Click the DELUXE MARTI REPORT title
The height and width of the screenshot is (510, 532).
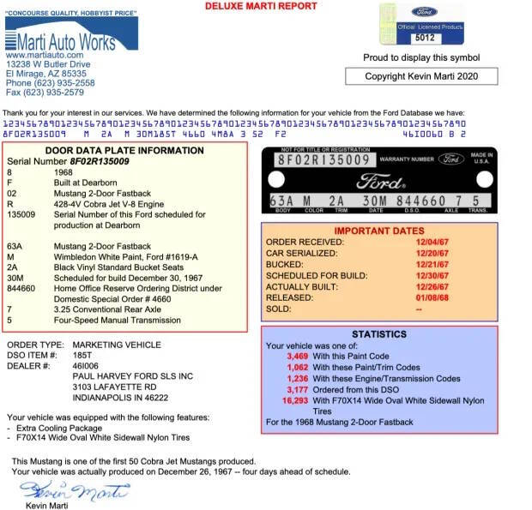261,6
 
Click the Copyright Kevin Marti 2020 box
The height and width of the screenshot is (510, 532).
421,76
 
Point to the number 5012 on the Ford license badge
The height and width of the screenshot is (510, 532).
424,38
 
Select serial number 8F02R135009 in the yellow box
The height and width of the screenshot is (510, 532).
100,161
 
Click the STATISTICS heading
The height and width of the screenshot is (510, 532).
379,334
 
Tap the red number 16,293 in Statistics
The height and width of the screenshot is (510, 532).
294,399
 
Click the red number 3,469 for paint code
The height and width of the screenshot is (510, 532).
297,355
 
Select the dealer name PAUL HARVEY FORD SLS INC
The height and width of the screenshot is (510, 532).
133,376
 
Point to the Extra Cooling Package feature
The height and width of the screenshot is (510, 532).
55,426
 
